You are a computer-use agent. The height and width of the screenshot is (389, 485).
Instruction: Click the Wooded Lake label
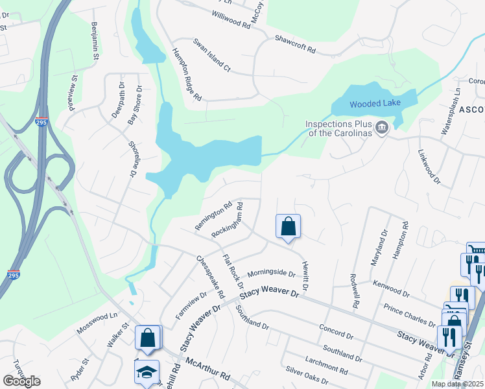375,104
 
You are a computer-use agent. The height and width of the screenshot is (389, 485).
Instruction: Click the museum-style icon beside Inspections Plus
382,127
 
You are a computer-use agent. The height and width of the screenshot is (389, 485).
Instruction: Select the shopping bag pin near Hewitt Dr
289,227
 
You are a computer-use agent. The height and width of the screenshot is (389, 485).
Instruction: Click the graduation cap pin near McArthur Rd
147,372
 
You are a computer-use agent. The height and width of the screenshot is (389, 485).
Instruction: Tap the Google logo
21,381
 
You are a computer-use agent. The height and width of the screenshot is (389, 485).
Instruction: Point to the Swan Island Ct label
212,54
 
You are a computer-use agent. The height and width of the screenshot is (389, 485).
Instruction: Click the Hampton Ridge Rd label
187,75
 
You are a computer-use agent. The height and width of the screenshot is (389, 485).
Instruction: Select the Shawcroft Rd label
295,44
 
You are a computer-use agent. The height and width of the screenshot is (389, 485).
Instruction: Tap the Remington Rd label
213,217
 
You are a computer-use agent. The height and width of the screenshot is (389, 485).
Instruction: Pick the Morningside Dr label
271,273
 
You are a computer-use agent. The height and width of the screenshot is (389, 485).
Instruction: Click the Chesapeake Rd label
210,276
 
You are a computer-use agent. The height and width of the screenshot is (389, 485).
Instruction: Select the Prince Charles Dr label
410,314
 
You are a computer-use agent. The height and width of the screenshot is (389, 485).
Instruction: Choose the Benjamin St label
95,41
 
